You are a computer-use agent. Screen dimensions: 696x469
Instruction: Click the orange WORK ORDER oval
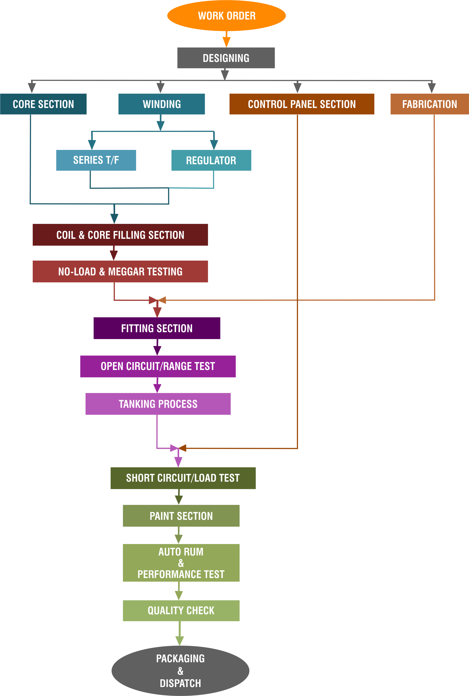(226, 15)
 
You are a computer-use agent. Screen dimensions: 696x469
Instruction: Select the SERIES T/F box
(96, 160)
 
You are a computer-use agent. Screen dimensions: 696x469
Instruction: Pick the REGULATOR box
(211, 160)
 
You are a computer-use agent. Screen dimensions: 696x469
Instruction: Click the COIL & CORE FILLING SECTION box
(120, 235)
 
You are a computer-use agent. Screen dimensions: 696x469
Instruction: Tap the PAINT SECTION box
(181, 516)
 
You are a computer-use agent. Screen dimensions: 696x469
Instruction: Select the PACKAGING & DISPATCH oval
(180, 671)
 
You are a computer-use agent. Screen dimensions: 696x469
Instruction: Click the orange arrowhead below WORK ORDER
(226, 42)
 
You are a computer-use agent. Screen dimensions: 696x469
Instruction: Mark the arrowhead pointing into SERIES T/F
(92, 145)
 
